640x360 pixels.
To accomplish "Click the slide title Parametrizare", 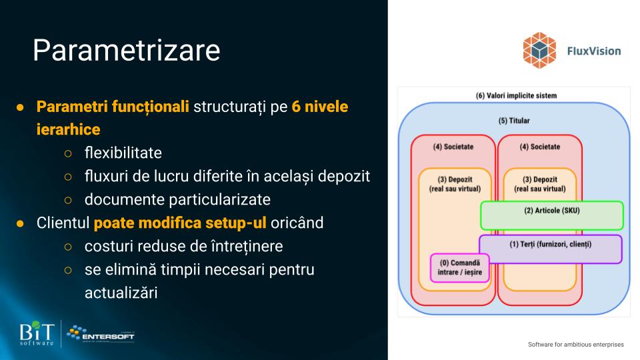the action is click(x=126, y=50).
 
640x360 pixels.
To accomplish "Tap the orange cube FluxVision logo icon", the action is click(x=539, y=50).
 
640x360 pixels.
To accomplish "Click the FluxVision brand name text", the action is click(x=594, y=51).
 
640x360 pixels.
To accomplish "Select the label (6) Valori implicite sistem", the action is click(x=516, y=95).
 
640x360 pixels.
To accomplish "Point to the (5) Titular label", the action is click(x=514, y=121).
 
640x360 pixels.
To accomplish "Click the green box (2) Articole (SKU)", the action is click(x=552, y=215).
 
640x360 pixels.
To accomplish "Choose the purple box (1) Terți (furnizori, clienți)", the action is click(x=551, y=249).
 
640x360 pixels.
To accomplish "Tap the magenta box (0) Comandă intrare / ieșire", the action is click(x=459, y=268).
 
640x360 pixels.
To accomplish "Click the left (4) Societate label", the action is click(x=453, y=147).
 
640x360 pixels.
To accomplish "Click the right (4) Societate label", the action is click(x=539, y=147).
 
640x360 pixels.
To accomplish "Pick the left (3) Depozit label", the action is click(x=455, y=184).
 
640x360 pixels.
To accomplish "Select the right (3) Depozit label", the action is click(x=539, y=184).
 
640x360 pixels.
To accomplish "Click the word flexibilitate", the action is click(x=123, y=153).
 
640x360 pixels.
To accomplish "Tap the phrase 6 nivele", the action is click(x=319, y=107).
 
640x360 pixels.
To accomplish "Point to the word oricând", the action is click(x=297, y=223).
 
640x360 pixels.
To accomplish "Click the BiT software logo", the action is click(x=37, y=333).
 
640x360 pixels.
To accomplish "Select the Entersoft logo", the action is click(x=101, y=334).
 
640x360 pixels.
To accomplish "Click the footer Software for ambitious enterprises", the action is click(x=576, y=345).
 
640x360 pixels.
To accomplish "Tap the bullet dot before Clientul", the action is click(x=20, y=223).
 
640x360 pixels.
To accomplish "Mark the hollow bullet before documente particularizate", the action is click(x=68, y=200).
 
